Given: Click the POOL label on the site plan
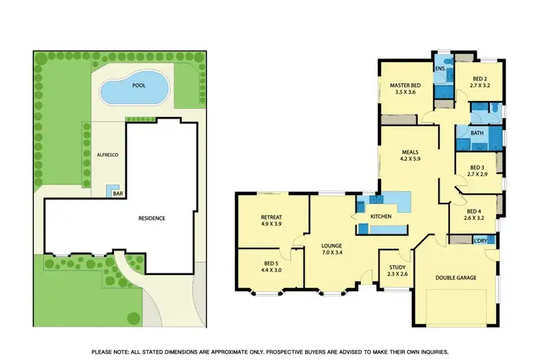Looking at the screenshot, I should coord(138,85).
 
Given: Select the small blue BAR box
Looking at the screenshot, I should coord(113,192).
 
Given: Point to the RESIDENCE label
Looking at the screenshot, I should coord(152,218).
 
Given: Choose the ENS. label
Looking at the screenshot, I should coord(439,69).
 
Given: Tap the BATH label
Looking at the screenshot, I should coord(477,133).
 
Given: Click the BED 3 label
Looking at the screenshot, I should coord(477,167).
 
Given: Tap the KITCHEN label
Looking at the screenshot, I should coord(380,216).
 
